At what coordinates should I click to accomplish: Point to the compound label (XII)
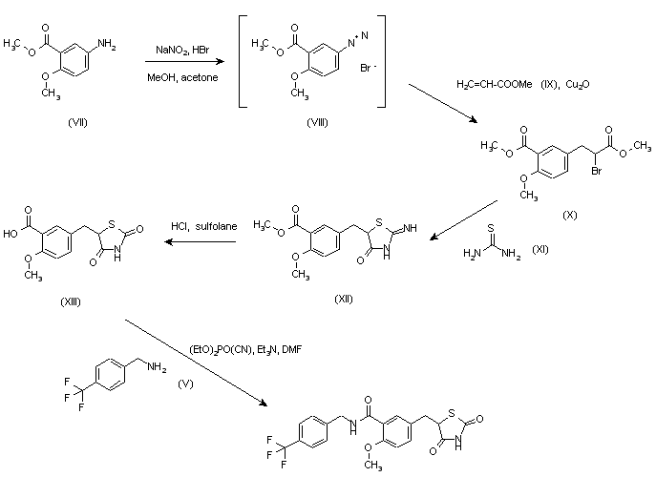[344, 298]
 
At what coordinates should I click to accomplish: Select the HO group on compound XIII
[11, 230]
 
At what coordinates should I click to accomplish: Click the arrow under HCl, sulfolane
[201, 242]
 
